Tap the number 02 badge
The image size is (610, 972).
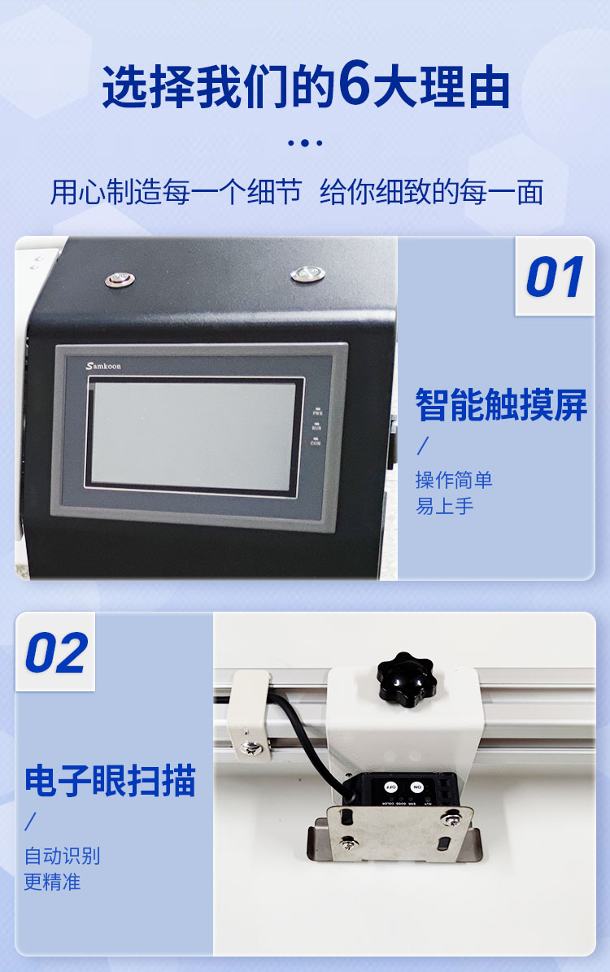tap(56, 653)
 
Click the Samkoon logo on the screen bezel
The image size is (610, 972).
tap(103, 366)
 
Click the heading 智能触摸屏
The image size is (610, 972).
tap(501, 404)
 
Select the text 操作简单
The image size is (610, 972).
tap(454, 480)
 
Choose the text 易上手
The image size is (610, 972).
tap(444, 506)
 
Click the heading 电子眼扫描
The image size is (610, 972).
tap(110, 780)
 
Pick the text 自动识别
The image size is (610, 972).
tap(62, 856)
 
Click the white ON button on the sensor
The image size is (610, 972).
tap(417, 787)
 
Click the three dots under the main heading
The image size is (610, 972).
tap(305, 143)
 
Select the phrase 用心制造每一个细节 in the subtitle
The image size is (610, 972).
tap(176, 193)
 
